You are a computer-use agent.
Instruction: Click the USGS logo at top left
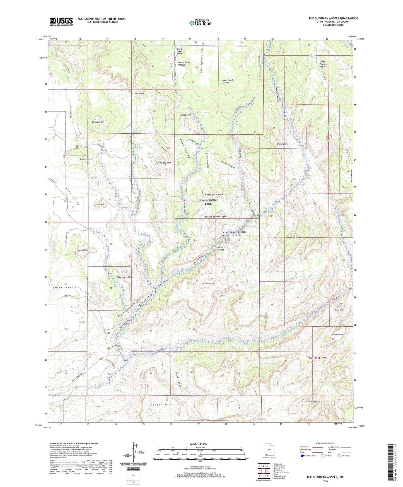pyautogui.click(x=61, y=21)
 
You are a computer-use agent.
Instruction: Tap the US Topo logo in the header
pyautogui.click(x=200, y=23)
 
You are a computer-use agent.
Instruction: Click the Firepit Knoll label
pyautogui.click(x=98, y=122)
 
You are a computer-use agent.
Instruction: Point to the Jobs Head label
pyautogui.click(x=139, y=93)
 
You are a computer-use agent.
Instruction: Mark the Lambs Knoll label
pyautogui.click(x=83, y=250)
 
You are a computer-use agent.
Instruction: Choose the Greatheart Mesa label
pyautogui.click(x=295, y=237)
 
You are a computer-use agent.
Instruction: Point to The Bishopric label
pyautogui.click(x=313, y=401)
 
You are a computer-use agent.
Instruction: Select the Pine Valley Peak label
pyautogui.click(x=163, y=162)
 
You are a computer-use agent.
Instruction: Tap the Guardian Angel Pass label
pyautogui.click(x=219, y=249)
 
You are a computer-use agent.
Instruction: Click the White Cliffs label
pyautogui.click(x=282, y=144)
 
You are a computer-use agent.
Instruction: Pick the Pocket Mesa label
pyautogui.click(x=185, y=115)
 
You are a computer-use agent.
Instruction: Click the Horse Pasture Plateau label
pyautogui.click(x=323, y=64)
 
